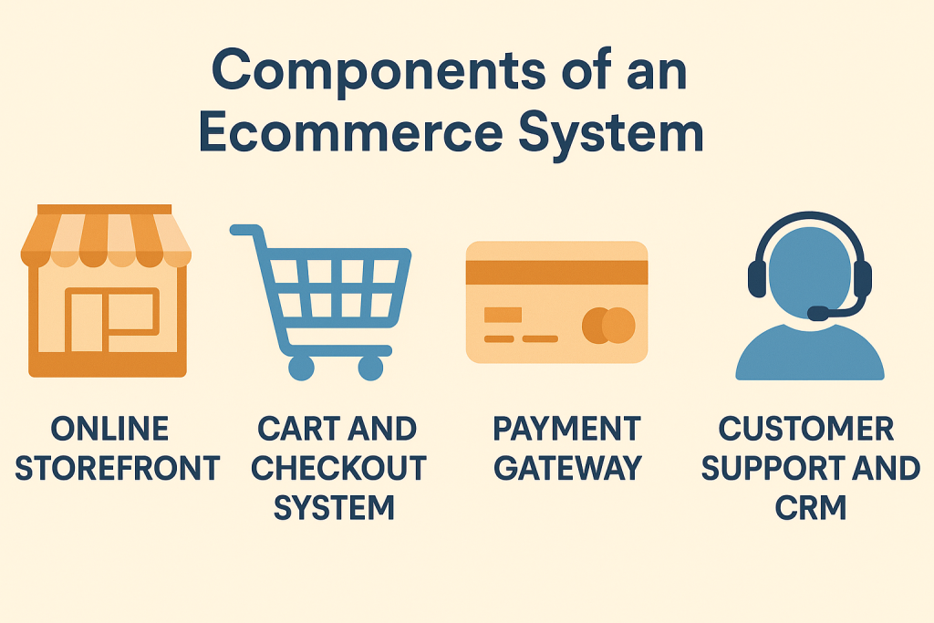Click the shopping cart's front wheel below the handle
coord(300,367)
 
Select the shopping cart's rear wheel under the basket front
coord(370,367)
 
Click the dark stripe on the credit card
coord(556,272)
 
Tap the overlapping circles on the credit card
coord(608,325)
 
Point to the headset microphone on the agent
coord(818,314)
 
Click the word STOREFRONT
coord(118,469)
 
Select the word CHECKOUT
coord(338,469)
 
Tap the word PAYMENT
coord(566,429)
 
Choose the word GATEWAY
coord(567,469)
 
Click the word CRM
coord(811,508)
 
